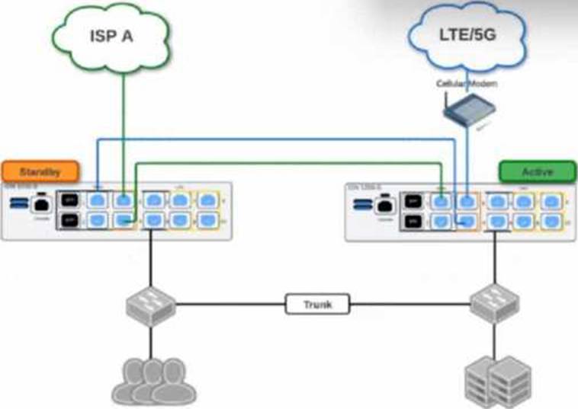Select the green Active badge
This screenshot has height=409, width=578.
(x=537, y=171)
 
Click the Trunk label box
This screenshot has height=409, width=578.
(x=318, y=305)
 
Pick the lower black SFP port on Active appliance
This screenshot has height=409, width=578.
(x=413, y=222)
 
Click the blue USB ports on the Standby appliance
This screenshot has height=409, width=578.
(x=17, y=203)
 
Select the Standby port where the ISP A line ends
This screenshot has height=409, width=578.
(x=123, y=200)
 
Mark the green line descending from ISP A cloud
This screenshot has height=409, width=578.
(x=123, y=129)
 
